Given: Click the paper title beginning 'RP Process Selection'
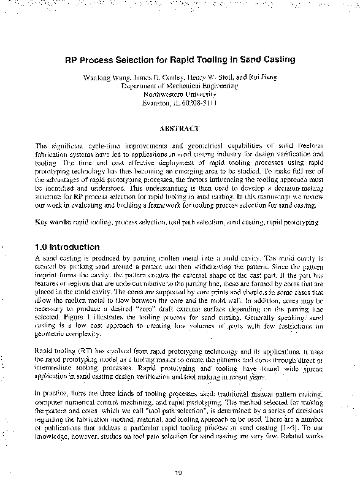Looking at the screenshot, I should (x=180, y=60).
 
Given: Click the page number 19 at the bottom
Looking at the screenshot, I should (x=179, y=472).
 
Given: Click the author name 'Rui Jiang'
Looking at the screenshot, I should (x=264, y=78).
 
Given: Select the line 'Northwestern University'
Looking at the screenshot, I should (x=180, y=95).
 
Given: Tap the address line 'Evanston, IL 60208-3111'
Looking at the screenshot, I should (x=180, y=104).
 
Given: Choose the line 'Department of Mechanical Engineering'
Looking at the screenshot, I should (x=180, y=86).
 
